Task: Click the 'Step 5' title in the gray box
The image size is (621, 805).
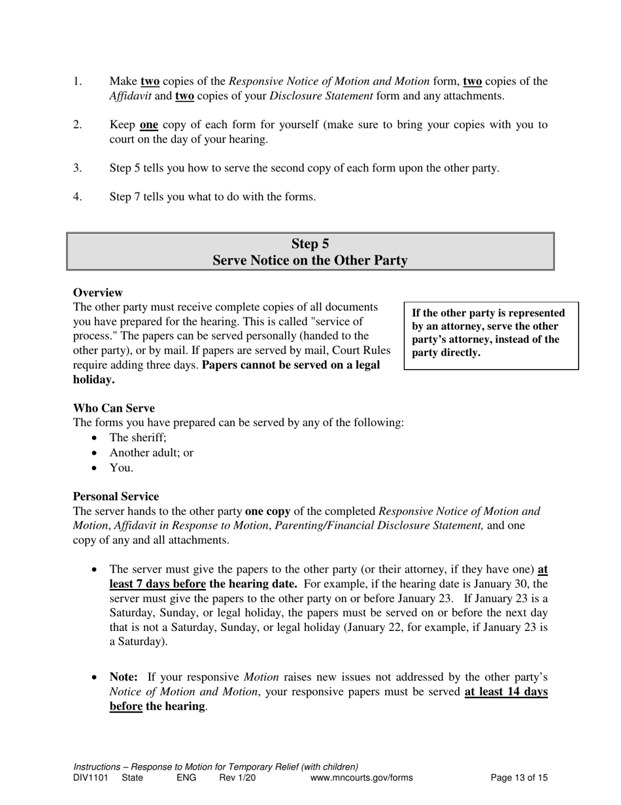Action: tap(310, 244)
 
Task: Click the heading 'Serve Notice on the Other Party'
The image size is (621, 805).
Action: tap(310, 260)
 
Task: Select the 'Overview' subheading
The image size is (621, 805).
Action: tap(97, 293)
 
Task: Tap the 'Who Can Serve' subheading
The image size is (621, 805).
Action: tap(114, 408)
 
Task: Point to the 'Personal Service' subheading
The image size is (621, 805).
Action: tap(116, 497)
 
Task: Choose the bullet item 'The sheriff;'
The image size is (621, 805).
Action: tap(138, 438)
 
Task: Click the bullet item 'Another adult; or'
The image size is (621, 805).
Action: tap(151, 453)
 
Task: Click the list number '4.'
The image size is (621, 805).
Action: tap(77, 196)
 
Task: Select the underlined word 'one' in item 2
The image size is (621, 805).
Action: tap(149, 125)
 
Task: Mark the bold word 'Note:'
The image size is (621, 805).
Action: tap(124, 677)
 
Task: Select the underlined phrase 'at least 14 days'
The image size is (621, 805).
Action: tap(506, 692)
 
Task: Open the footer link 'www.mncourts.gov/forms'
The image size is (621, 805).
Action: tap(361, 778)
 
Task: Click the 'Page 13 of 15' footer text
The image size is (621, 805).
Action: tap(519, 778)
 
